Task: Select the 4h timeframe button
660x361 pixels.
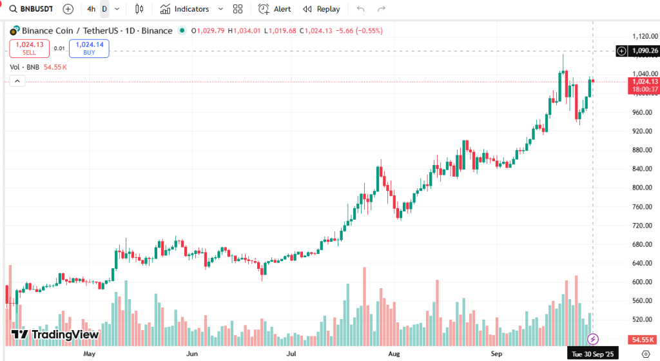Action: point(91,9)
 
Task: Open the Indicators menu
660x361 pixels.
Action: point(186,9)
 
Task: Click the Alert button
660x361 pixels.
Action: point(275,9)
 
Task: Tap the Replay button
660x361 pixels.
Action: point(322,9)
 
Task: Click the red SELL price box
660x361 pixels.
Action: point(29,48)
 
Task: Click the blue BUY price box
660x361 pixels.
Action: point(89,48)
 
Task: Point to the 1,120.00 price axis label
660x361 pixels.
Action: point(644,36)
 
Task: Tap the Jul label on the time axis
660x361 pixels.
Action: point(291,354)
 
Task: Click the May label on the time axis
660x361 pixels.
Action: point(90,354)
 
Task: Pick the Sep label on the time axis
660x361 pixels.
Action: point(496,354)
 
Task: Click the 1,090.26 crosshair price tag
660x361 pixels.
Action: point(644,51)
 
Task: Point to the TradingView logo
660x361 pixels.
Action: point(55,335)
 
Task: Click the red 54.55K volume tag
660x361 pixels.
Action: point(643,339)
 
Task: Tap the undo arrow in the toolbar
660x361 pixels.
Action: point(360,9)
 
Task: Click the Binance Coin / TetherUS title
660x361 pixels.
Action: point(97,30)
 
